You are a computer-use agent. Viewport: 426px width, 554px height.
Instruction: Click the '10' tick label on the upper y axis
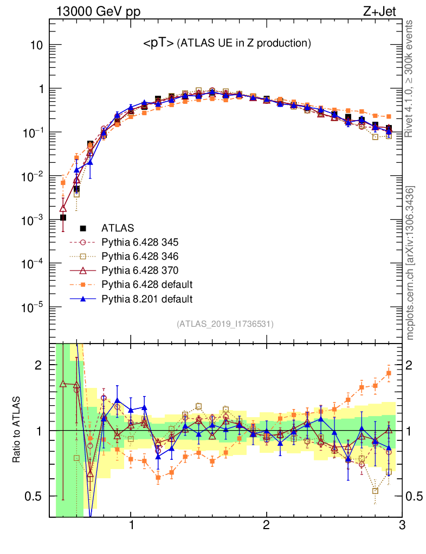(x=37, y=45)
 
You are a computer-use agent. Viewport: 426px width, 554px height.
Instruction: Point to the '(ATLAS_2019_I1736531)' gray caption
(x=225, y=324)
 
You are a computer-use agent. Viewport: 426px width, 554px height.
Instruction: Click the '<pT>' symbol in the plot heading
(x=158, y=44)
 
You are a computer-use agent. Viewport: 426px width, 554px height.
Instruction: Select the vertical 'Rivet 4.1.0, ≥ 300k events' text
(x=410, y=78)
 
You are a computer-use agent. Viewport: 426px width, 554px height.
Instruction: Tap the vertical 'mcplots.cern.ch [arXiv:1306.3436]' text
(x=410, y=263)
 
